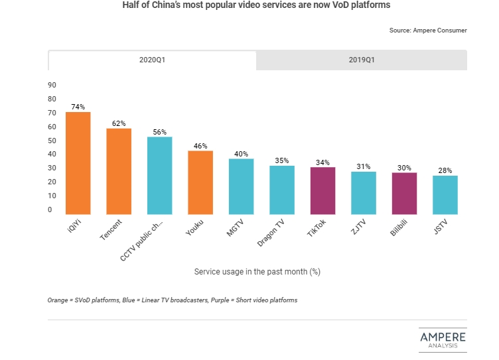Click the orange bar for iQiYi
(x=78, y=163)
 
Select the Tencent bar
(x=119, y=171)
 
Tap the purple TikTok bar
(x=322, y=190)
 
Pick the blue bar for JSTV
(x=445, y=195)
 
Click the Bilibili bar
(x=404, y=193)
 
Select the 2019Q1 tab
(x=362, y=60)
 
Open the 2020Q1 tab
(x=152, y=60)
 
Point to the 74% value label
(x=78, y=107)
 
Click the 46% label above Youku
(x=200, y=146)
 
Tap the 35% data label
(x=282, y=160)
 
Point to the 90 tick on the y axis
(x=52, y=85)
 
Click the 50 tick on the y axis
(x=52, y=141)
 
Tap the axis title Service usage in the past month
(x=257, y=272)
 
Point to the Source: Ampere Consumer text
(x=428, y=30)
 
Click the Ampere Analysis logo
(x=442, y=339)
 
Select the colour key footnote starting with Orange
(x=172, y=300)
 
